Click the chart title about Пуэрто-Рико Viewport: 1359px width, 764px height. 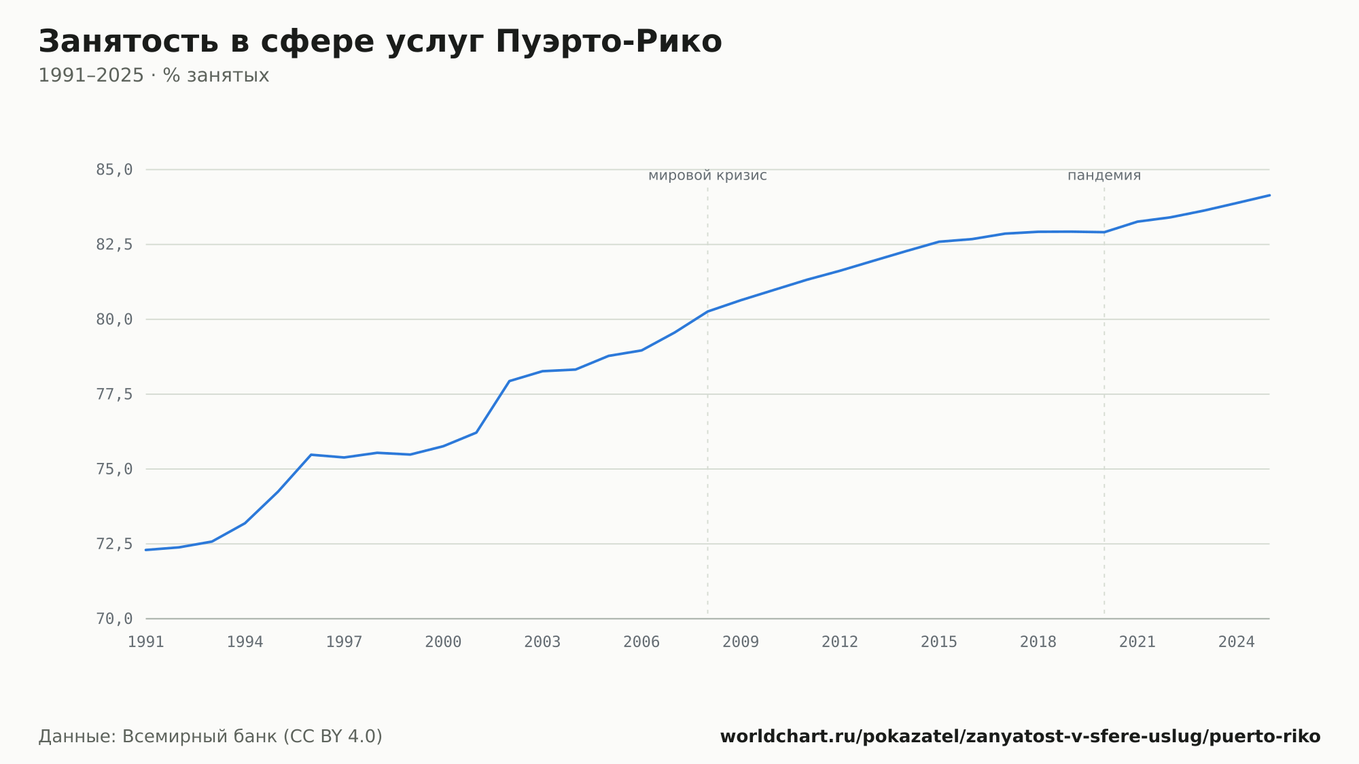pyautogui.click(x=380, y=41)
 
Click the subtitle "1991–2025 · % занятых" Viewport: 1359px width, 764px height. pyautogui.click(x=154, y=75)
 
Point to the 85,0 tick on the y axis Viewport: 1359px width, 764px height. pyautogui.click(x=114, y=170)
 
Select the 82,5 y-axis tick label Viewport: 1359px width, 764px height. pyautogui.click(x=114, y=245)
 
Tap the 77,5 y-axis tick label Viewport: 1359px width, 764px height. pyautogui.click(x=114, y=394)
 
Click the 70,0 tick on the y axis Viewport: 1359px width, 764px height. pyautogui.click(x=114, y=619)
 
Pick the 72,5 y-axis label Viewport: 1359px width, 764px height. pyautogui.click(x=114, y=544)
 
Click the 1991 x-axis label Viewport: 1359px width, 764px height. pyautogui.click(x=146, y=642)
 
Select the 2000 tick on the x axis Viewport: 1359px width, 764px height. pyautogui.click(x=443, y=642)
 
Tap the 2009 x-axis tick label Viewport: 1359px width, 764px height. pyautogui.click(x=741, y=642)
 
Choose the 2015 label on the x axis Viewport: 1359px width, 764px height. pyautogui.click(x=939, y=642)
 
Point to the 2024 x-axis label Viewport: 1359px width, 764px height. pyautogui.click(x=1237, y=642)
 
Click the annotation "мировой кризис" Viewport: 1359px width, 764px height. pyautogui.click(x=707, y=175)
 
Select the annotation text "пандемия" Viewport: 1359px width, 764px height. pyautogui.click(x=1104, y=175)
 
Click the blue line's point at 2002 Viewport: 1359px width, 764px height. pyautogui.click(x=509, y=381)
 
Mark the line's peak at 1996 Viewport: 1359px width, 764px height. pyautogui.click(x=311, y=455)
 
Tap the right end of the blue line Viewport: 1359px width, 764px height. pyautogui.click(x=1269, y=195)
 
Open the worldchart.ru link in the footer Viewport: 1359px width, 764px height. pyautogui.click(x=1020, y=737)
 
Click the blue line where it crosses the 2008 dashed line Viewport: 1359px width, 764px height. pyautogui.click(x=707, y=311)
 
